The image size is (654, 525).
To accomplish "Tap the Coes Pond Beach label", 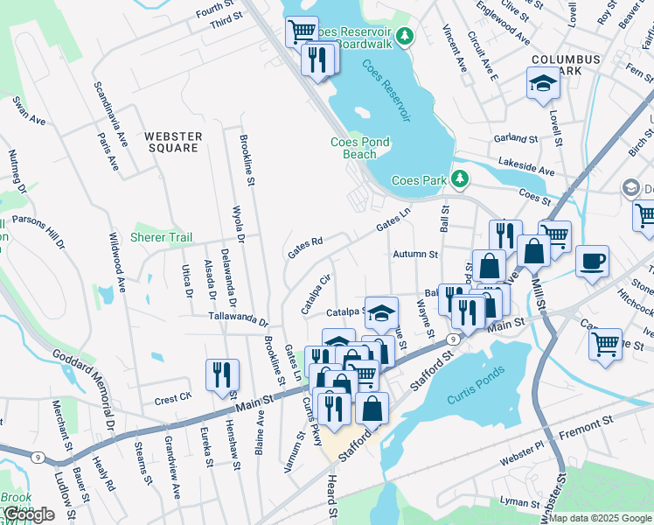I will tap(359, 148).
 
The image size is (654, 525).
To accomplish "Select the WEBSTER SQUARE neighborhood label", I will tap(173, 142).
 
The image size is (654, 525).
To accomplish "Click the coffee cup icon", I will tap(593, 260).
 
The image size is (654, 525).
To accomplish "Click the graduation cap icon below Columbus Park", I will tap(542, 84).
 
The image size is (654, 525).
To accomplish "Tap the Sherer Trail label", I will tap(161, 237).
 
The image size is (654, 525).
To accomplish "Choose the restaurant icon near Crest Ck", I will tap(222, 374).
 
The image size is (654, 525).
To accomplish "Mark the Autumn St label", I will tap(415, 254).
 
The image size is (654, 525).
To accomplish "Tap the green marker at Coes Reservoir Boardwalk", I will tap(404, 36).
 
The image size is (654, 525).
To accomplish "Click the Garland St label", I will tap(515, 138).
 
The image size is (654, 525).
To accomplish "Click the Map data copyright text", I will tap(599, 518).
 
